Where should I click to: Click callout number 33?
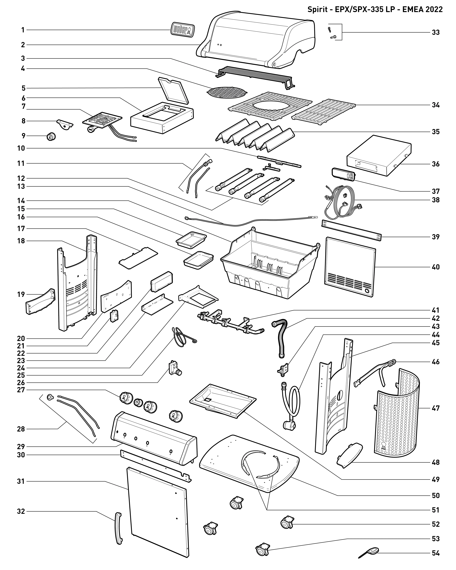pos(436,32)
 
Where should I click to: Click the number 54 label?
pos(436,553)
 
